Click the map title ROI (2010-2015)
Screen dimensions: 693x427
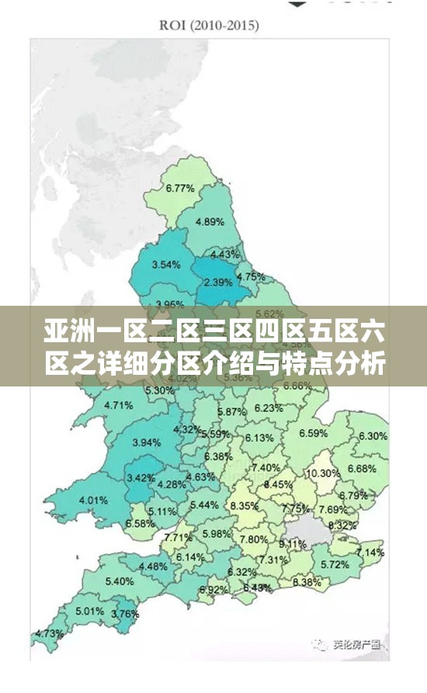coord(210,26)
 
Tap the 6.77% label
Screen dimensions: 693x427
coord(179,188)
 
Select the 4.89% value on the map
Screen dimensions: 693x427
coord(210,221)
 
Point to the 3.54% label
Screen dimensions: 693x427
coord(166,265)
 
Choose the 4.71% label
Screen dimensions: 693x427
coord(118,404)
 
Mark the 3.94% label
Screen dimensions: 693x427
coord(147,442)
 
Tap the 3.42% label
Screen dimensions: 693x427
coord(141,477)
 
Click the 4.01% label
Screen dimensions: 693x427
coord(93,500)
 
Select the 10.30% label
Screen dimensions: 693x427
coord(323,473)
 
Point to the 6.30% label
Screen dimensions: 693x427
coord(373,436)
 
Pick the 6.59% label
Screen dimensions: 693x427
coord(313,433)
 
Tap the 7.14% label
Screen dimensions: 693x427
coord(369,552)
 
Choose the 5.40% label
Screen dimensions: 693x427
coord(119,581)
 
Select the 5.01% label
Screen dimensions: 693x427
coord(90,611)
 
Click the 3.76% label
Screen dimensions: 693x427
coord(125,614)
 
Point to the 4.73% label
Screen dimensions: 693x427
coord(50,633)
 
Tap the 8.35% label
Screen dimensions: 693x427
coord(245,505)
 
